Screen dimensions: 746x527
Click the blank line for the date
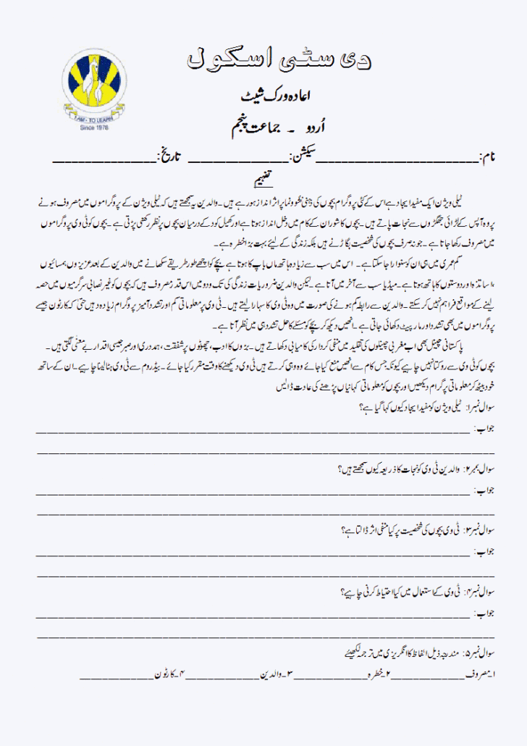(104, 159)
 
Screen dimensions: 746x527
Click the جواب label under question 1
(482, 429)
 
